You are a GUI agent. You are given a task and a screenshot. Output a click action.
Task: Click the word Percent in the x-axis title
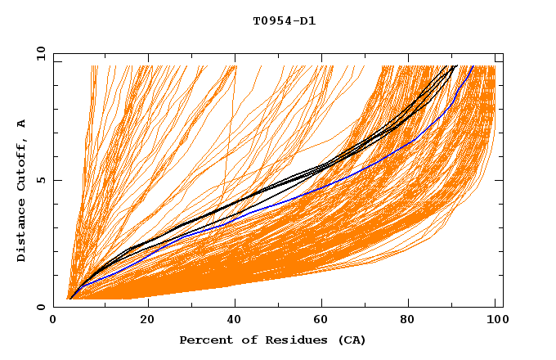pos(204,340)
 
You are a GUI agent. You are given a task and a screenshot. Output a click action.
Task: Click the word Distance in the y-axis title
pos(22,233)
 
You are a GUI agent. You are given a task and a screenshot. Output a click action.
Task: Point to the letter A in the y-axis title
pos(22,124)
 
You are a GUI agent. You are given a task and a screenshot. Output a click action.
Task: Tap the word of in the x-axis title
pos(248,340)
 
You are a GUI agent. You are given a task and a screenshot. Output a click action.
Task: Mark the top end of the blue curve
pos(473,66)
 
